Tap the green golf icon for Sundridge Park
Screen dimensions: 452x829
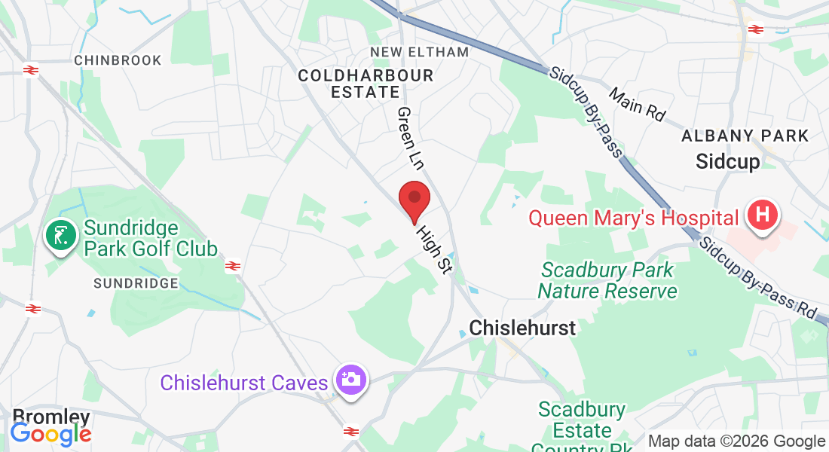click(x=61, y=235)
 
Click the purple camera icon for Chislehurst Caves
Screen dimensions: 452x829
click(x=350, y=380)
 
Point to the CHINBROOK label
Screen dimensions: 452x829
click(x=118, y=60)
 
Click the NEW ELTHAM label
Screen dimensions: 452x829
click(x=420, y=52)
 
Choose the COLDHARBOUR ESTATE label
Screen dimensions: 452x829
click(x=366, y=84)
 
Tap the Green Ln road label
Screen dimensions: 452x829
click(x=411, y=138)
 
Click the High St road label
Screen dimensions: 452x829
click(x=433, y=249)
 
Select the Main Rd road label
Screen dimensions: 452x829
click(x=638, y=105)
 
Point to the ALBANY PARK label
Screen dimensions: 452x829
click(x=745, y=136)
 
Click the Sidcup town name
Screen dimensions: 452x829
click(x=727, y=160)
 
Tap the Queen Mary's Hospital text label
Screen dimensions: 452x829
click(x=633, y=218)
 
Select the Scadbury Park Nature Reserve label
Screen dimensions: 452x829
click(x=607, y=279)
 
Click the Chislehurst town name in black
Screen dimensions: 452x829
click(x=522, y=328)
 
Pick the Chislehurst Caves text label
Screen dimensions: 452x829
click(x=245, y=383)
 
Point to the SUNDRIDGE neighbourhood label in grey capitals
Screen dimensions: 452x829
click(x=136, y=283)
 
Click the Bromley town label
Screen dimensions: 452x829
click(x=51, y=417)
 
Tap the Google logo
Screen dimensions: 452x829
click(x=50, y=434)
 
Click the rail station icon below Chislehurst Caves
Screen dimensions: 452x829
click(x=350, y=432)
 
